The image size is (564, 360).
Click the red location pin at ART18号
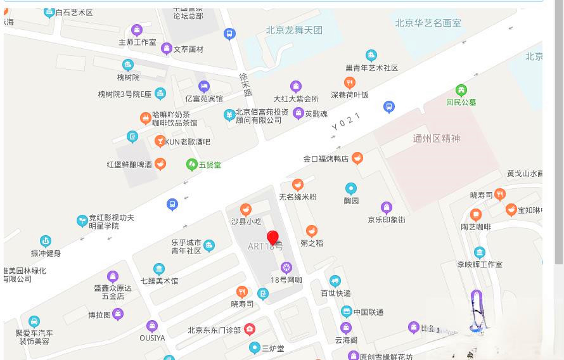click(272, 238)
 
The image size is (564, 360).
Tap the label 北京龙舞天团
click(294, 30)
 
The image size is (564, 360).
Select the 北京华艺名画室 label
click(428, 23)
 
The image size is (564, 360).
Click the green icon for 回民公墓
click(461, 91)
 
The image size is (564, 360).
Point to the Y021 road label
click(346, 122)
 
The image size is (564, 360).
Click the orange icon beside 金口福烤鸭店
click(357, 158)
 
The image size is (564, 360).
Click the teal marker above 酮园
click(350, 188)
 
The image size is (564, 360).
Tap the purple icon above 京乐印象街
click(386, 207)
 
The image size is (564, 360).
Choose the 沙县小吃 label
click(246, 221)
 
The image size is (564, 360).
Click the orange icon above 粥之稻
click(311, 231)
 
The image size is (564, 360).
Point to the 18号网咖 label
click(286, 280)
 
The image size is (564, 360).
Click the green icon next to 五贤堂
click(191, 165)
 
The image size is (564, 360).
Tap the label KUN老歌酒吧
click(188, 142)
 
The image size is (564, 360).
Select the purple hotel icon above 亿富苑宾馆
click(203, 86)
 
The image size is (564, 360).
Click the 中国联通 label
click(368, 312)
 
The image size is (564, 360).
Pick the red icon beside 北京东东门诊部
click(250, 330)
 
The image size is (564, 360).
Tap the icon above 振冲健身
click(45, 241)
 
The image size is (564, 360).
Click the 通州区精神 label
click(437, 138)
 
